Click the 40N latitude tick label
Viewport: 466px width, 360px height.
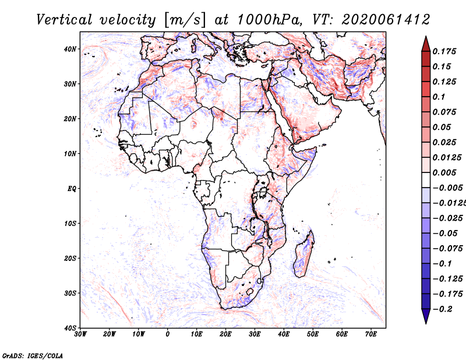(x=70, y=49)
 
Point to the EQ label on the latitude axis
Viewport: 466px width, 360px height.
(x=72, y=189)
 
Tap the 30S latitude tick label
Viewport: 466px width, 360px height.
(x=70, y=294)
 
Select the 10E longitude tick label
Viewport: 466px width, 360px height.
(x=196, y=334)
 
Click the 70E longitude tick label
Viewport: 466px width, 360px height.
(x=371, y=334)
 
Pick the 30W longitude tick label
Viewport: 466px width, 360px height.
(x=80, y=334)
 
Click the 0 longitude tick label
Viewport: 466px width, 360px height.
(x=168, y=334)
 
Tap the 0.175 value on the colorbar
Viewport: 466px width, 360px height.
(x=444, y=51)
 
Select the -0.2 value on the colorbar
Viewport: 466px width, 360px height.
(x=443, y=309)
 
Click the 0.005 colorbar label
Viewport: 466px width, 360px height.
(x=444, y=172)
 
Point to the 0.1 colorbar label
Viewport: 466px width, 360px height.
(x=439, y=97)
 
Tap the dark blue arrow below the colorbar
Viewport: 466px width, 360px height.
(x=426, y=316)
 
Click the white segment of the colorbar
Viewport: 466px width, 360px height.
(x=426, y=180)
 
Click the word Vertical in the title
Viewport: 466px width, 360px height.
(x=64, y=20)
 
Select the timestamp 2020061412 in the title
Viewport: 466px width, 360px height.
(x=386, y=20)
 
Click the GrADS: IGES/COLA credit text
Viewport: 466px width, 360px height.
(x=33, y=355)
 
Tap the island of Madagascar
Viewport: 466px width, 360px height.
(x=303, y=253)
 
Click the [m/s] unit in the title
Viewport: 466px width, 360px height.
(x=185, y=20)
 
